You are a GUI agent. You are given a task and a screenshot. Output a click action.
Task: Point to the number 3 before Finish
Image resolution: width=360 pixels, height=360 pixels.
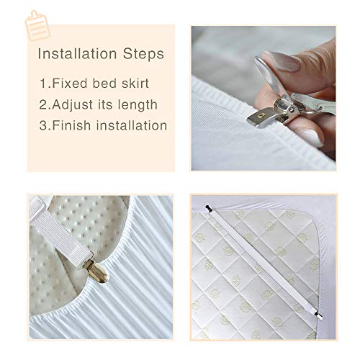pos(45,125)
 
